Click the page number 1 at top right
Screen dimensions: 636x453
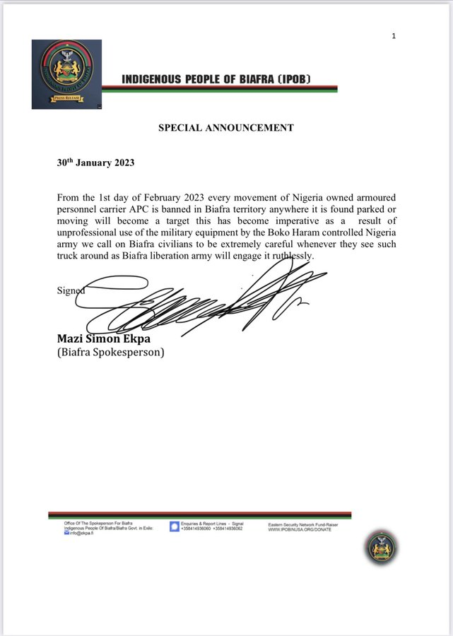pos(394,35)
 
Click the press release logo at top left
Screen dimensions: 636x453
pos(67,74)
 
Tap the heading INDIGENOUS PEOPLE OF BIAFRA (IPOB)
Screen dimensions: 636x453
pos(216,79)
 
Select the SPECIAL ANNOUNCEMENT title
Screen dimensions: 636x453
pos(225,128)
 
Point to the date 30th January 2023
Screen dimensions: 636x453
pos(95,163)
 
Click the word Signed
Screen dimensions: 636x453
pos(71,290)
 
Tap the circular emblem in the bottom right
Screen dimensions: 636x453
pos(382,547)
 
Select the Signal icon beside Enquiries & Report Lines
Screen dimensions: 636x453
pos(174,526)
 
